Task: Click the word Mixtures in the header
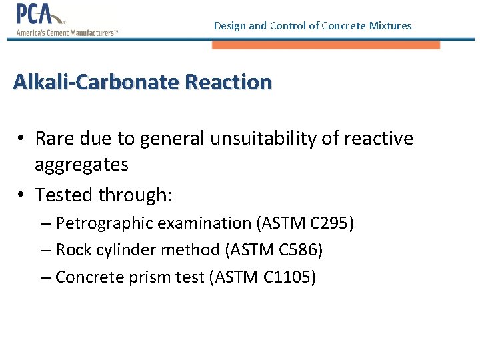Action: coord(391,26)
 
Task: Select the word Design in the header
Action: coord(229,26)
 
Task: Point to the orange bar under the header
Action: coord(326,45)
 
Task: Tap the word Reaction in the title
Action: coord(228,83)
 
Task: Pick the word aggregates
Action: coord(81,164)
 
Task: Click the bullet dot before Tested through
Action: coord(22,195)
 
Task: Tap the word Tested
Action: coord(64,195)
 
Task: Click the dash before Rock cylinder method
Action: coord(45,250)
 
